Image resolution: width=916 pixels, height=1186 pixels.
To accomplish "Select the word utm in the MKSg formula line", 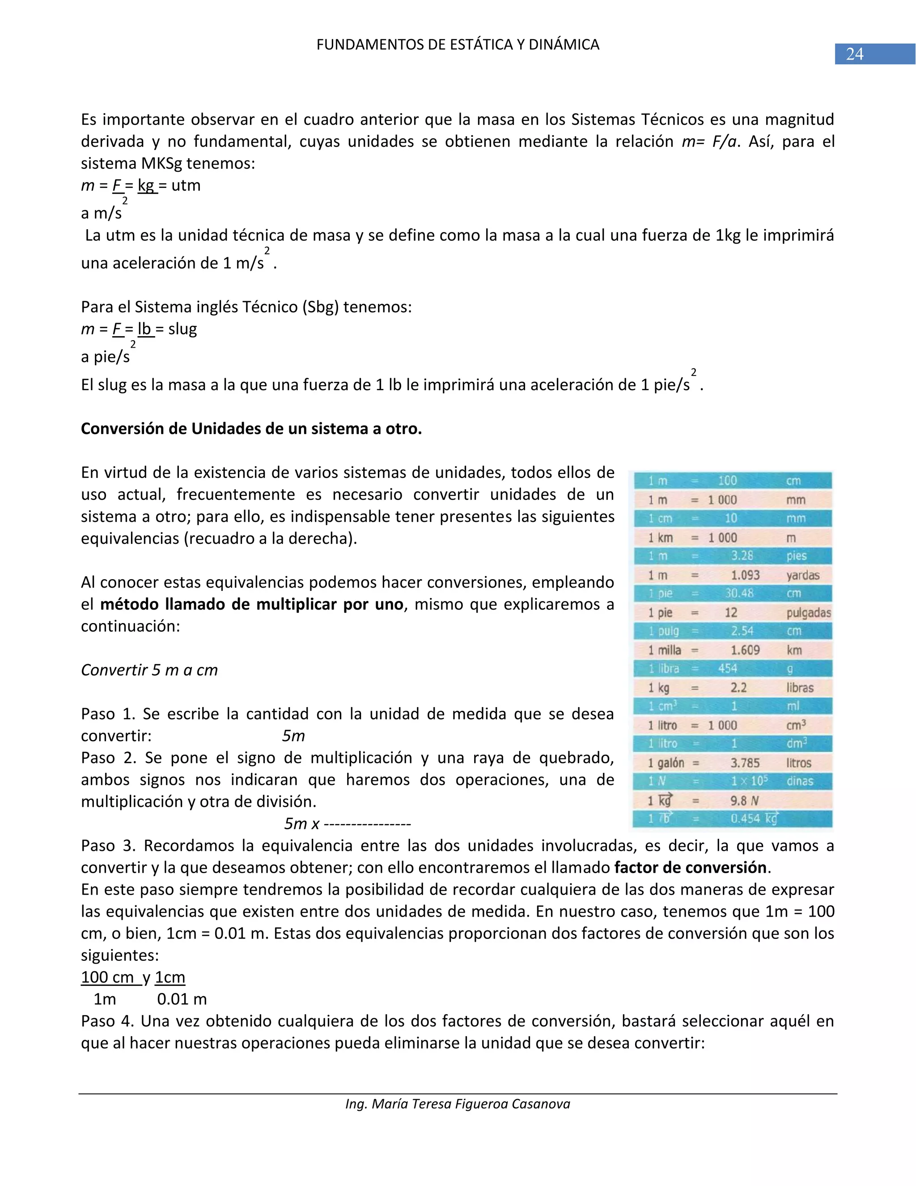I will (x=186, y=186).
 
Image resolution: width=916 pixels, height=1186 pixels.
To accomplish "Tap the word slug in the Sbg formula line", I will (x=182, y=329).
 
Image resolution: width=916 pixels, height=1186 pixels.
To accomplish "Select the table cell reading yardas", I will (x=802, y=575).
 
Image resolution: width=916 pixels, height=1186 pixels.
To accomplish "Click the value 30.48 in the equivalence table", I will (x=739, y=593).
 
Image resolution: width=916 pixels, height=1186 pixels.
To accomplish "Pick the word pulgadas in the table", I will (x=809, y=613).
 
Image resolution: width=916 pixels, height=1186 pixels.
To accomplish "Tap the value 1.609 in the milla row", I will (x=745, y=650).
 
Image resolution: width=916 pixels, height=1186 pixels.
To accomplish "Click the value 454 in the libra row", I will (x=728, y=669).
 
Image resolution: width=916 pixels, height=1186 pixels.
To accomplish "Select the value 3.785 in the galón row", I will (x=745, y=763).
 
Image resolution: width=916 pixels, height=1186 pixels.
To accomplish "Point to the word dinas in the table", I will (x=800, y=781).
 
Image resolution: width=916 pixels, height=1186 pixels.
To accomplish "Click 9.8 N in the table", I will (x=744, y=801).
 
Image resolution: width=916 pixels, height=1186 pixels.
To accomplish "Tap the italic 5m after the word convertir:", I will (x=293, y=736).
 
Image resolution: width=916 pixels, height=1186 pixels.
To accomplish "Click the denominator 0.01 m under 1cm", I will (x=182, y=999).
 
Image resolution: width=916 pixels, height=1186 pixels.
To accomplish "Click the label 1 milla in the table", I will (x=664, y=650).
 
